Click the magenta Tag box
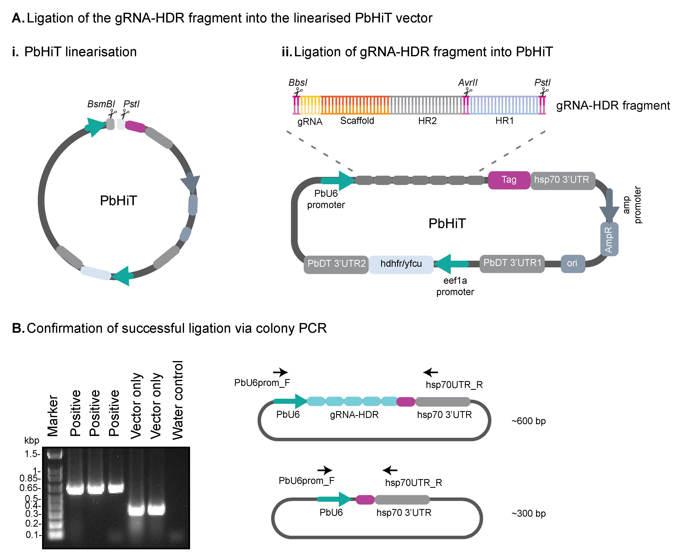(x=509, y=180)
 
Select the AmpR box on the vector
(x=609, y=239)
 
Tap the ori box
(x=573, y=264)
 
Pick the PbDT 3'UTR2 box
(x=336, y=264)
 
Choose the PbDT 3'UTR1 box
(x=512, y=264)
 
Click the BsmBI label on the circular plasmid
(x=101, y=104)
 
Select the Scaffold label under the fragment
(x=357, y=121)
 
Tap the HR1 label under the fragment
(x=504, y=121)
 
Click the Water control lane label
(x=178, y=400)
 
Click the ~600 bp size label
(x=528, y=421)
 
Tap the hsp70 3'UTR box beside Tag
(x=562, y=180)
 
